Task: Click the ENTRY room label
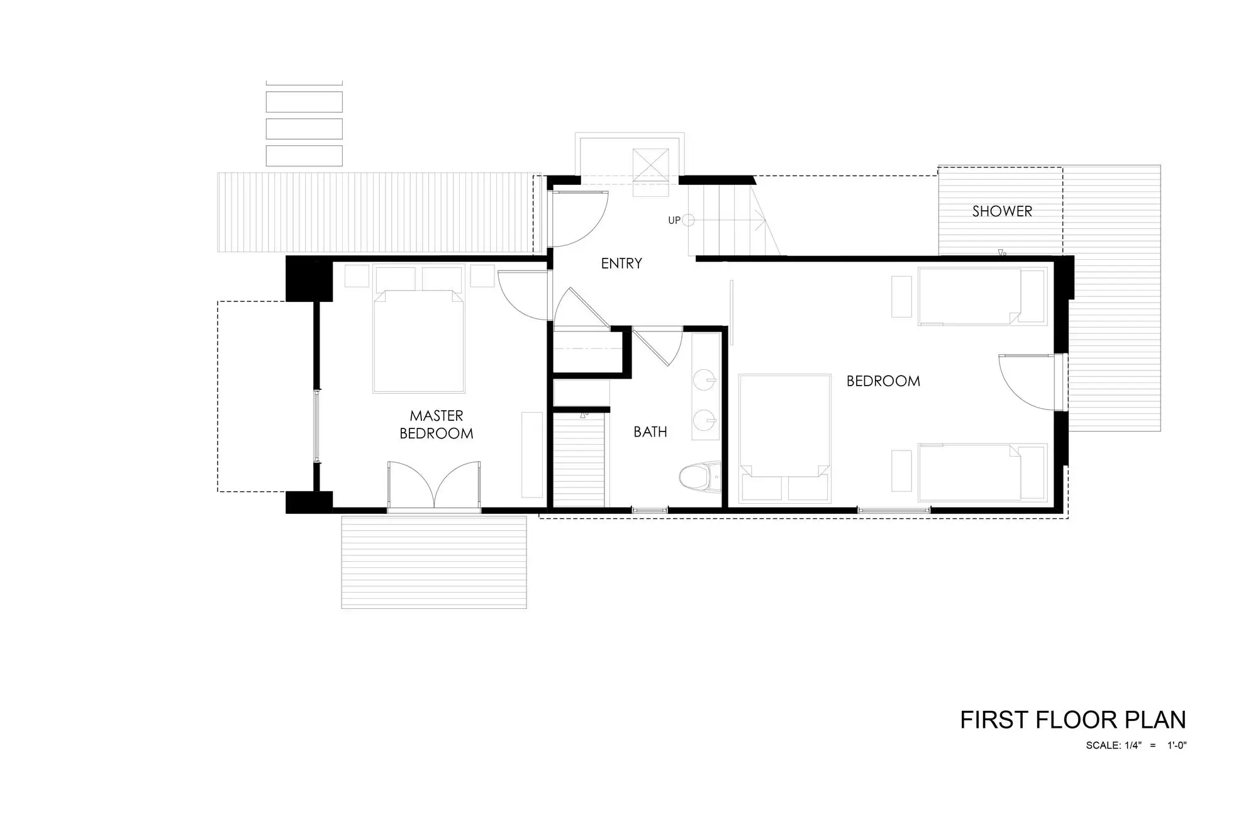pos(621,264)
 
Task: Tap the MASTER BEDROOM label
pos(436,425)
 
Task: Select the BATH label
pos(650,432)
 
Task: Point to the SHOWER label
pos(1002,211)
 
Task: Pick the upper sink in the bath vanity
pos(705,380)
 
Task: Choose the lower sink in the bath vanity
pos(705,418)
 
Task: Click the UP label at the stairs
pos(674,221)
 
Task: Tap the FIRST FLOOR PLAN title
pos(1073,720)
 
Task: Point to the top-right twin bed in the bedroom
pos(982,296)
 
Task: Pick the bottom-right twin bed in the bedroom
pos(982,473)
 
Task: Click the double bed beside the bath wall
pos(784,439)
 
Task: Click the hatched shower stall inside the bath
pos(579,460)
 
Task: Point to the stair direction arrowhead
pos(760,221)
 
